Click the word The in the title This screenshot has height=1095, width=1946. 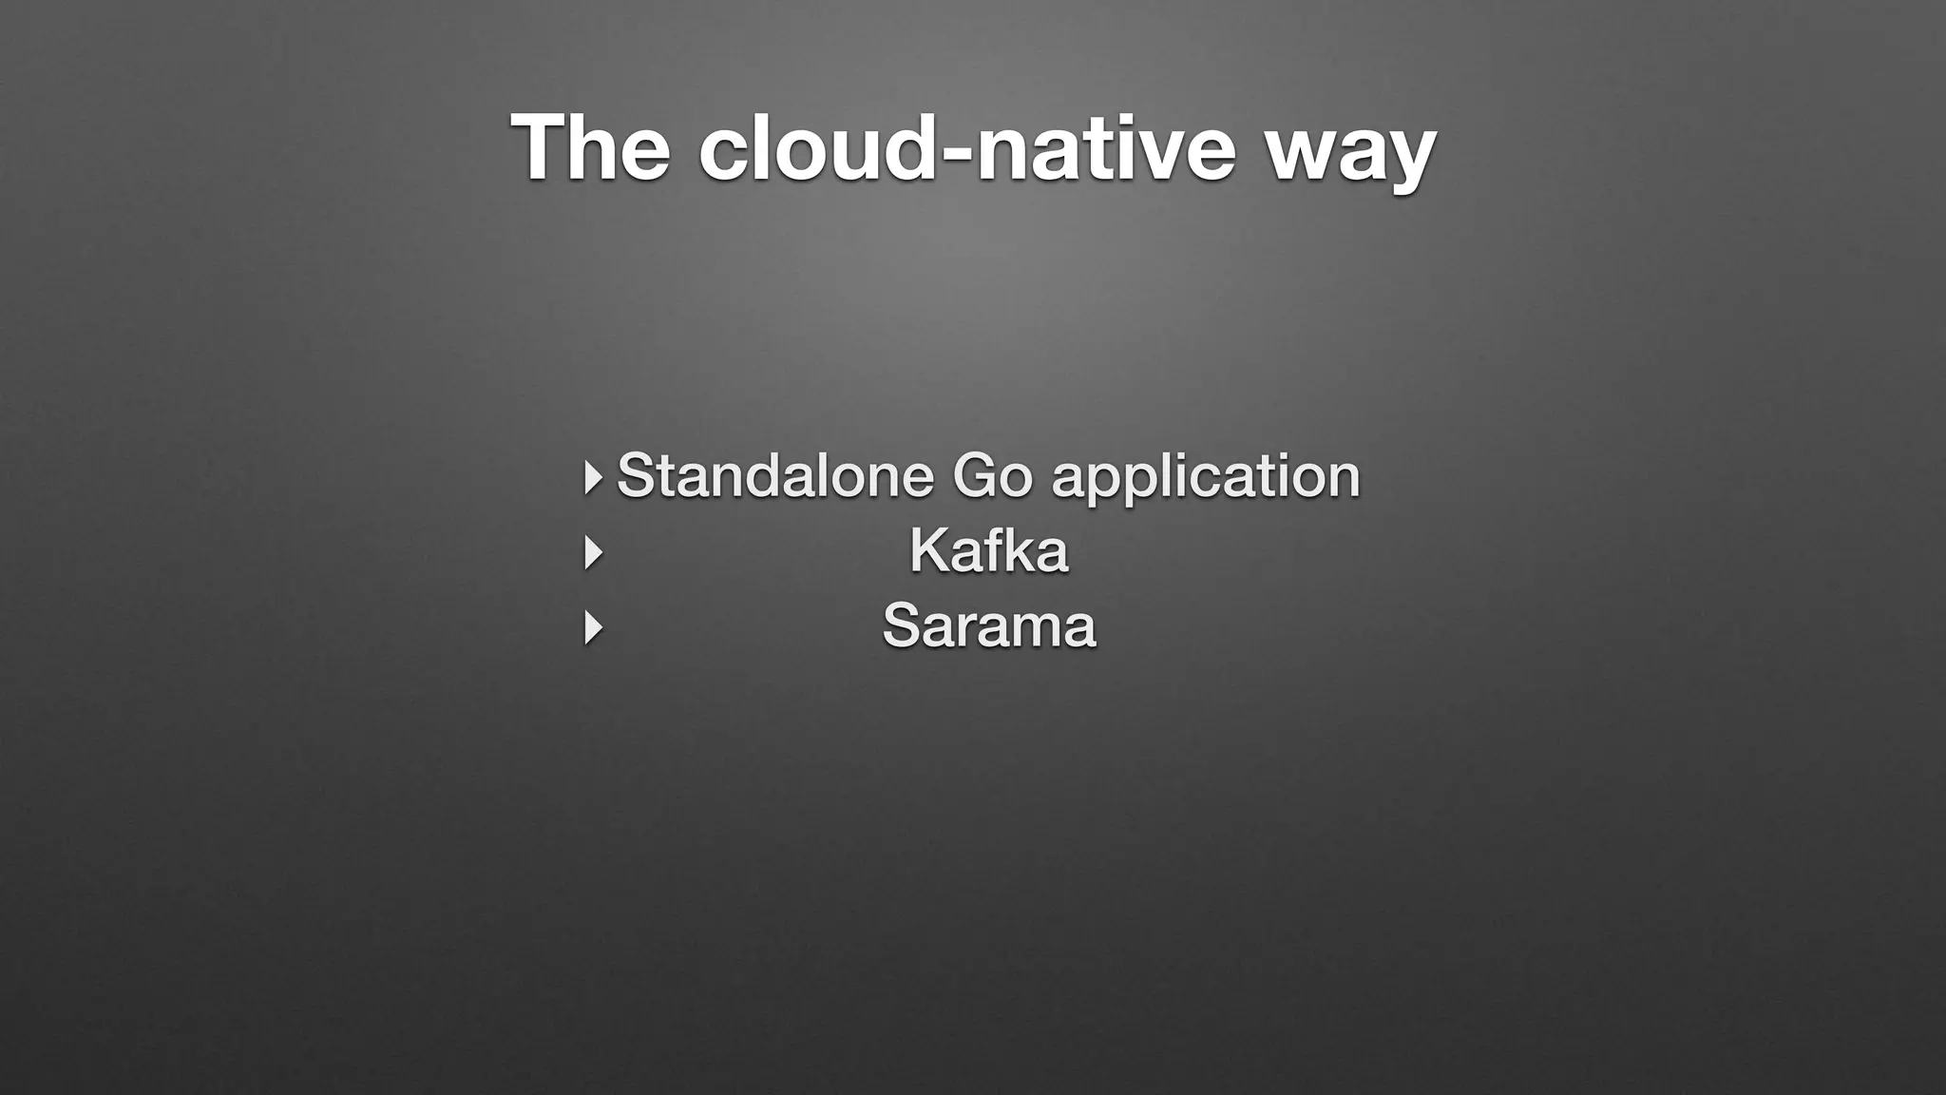[x=590, y=147]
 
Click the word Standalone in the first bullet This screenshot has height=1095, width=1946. [x=774, y=475]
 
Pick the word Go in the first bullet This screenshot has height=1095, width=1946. [x=991, y=475]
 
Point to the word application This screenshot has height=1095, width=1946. [x=1206, y=477]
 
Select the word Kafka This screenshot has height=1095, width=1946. [x=988, y=550]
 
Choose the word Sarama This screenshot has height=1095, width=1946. [x=988, y=626]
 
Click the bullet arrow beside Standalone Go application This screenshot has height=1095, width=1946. [x=593, y=477]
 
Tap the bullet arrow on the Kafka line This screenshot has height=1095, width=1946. [x=593, y=552]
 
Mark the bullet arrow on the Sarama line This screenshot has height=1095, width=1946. [x=593, y=628]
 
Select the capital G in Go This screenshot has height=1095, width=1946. [x=976, y=475]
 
